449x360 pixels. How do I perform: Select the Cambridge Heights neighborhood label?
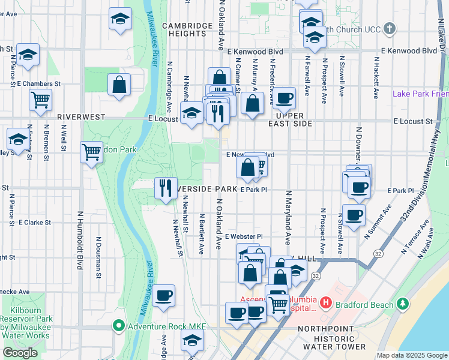click(187, 30)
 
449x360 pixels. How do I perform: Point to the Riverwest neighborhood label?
click(82, 118)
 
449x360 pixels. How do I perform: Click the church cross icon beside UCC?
click(390, 28)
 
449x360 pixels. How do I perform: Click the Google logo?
click(20, 353)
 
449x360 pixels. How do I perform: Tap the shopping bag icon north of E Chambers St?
click(119, 85)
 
